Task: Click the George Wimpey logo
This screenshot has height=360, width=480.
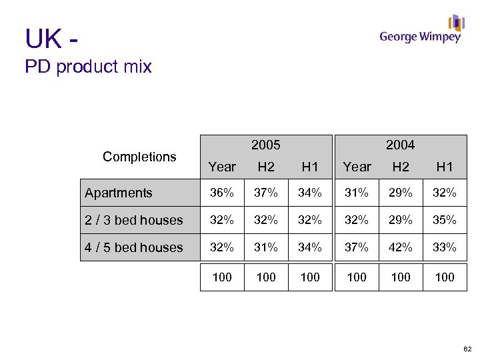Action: pos(421,31)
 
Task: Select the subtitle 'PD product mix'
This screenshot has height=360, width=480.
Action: pos(88,67)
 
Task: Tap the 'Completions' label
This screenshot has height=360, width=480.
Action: pos(139,157)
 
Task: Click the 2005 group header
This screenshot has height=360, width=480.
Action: pos(265,145)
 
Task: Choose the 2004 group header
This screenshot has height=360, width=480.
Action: pos(400,145)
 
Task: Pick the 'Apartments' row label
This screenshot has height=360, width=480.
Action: pos(119,193)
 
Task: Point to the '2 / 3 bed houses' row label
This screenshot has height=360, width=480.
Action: pos(133,220)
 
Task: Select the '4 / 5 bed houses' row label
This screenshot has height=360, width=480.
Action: pos(133,247)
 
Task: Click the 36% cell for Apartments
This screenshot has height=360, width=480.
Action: pos(222,193)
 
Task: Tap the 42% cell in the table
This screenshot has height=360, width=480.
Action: pos(401,247)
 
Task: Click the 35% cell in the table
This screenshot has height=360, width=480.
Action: pos(445,220)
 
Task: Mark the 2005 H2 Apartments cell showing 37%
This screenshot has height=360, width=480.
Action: pos(266,193)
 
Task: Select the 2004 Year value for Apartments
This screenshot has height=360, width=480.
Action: pos(357,193)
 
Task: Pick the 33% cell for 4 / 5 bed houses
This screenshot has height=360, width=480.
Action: pos(445,247)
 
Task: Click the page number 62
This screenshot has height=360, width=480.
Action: pos(466,349)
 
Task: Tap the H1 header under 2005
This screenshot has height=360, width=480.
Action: pos(310,167)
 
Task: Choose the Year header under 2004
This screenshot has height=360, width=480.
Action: pos(357,167)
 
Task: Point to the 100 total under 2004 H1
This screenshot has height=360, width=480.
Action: pos(445,277)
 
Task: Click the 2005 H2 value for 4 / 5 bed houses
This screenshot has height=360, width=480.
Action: pos(266,247)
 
